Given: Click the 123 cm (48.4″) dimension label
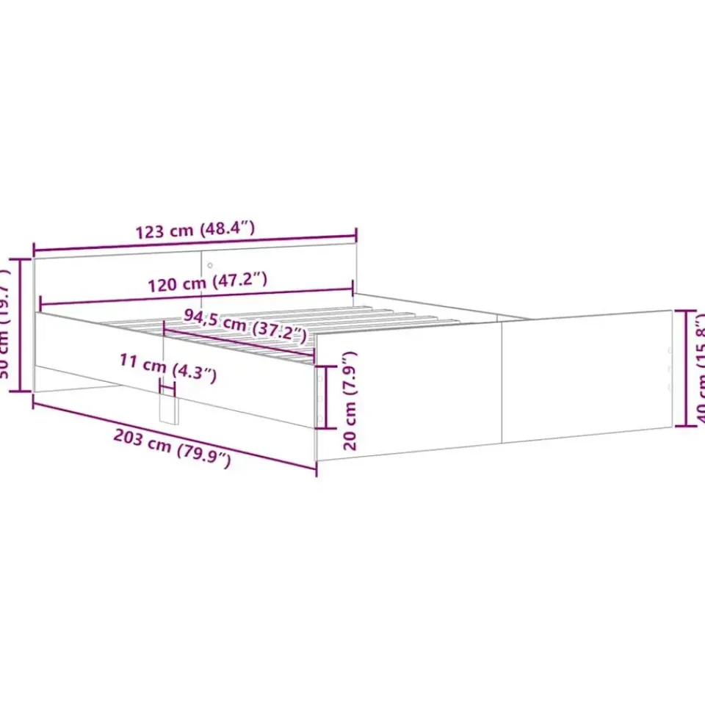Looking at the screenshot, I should (x=195, y=229).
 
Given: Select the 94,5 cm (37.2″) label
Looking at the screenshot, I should (x=245, y=326).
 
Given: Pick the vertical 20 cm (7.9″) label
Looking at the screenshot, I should (x=352, y=400).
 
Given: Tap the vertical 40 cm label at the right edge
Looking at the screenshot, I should (x=700, y=367).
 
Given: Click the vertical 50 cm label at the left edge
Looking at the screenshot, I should (x=6, y=327).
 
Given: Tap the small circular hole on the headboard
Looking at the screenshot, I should (x=209, y=265).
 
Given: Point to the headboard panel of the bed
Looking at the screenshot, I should (x=117, y=279).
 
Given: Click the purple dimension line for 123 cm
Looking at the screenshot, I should (x=195, y=241).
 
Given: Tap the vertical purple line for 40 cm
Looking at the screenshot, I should (x=687, y=367).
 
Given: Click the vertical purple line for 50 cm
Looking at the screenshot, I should (x=21, y=325).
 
